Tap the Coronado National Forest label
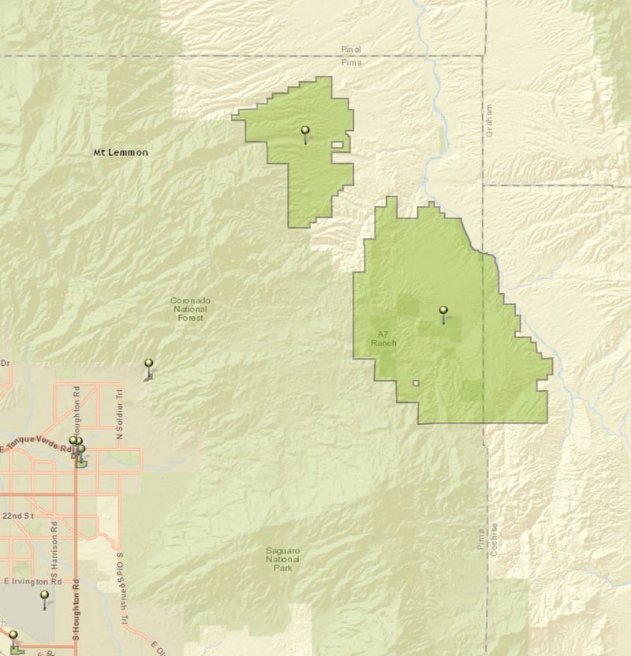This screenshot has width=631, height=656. coord(190,308)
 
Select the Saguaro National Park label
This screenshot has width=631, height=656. coord(282,557)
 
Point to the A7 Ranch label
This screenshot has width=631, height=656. coord(383,339)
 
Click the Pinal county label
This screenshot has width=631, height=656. coord(351,49)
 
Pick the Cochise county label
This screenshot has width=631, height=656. coord(495,540)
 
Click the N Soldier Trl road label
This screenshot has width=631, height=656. coord(120,414)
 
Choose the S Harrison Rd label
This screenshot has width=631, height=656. coord(54,545)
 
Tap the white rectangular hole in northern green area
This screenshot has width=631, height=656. coord(338,145)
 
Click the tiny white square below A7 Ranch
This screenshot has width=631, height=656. coord(416,384)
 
